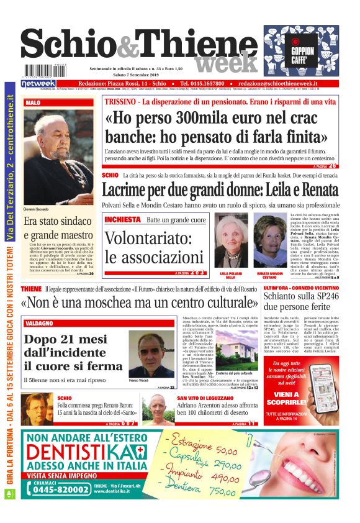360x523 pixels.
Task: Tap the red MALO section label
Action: click(34, 102)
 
